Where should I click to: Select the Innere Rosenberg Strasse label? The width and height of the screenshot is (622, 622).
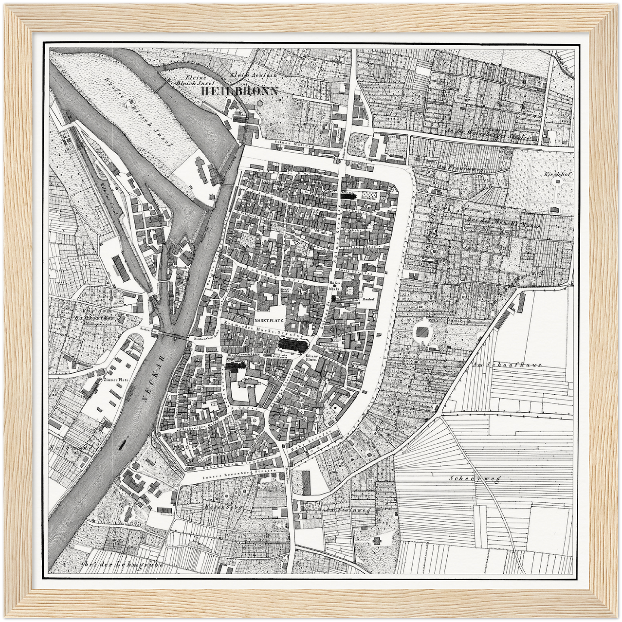point(233,477)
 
